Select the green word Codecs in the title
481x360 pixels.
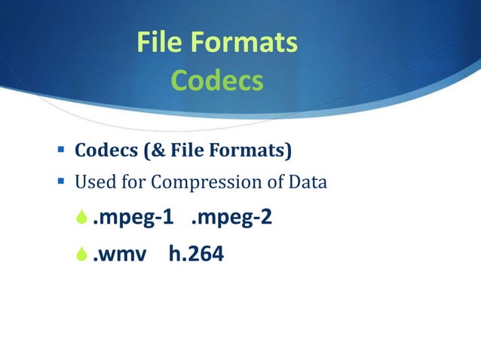[x=217, y=80]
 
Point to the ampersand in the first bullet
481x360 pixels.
[x=149, y=151]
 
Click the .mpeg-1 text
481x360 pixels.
[x=133, y=218]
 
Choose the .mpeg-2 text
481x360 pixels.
[x=231, y=218]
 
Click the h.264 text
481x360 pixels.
[x=196, y=255]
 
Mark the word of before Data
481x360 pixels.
[x=269, y=182]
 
